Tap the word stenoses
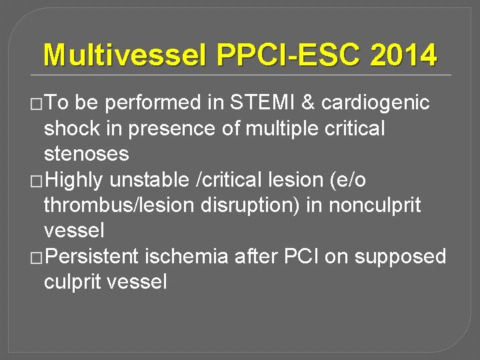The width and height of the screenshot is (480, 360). click(x=87, y=155)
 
